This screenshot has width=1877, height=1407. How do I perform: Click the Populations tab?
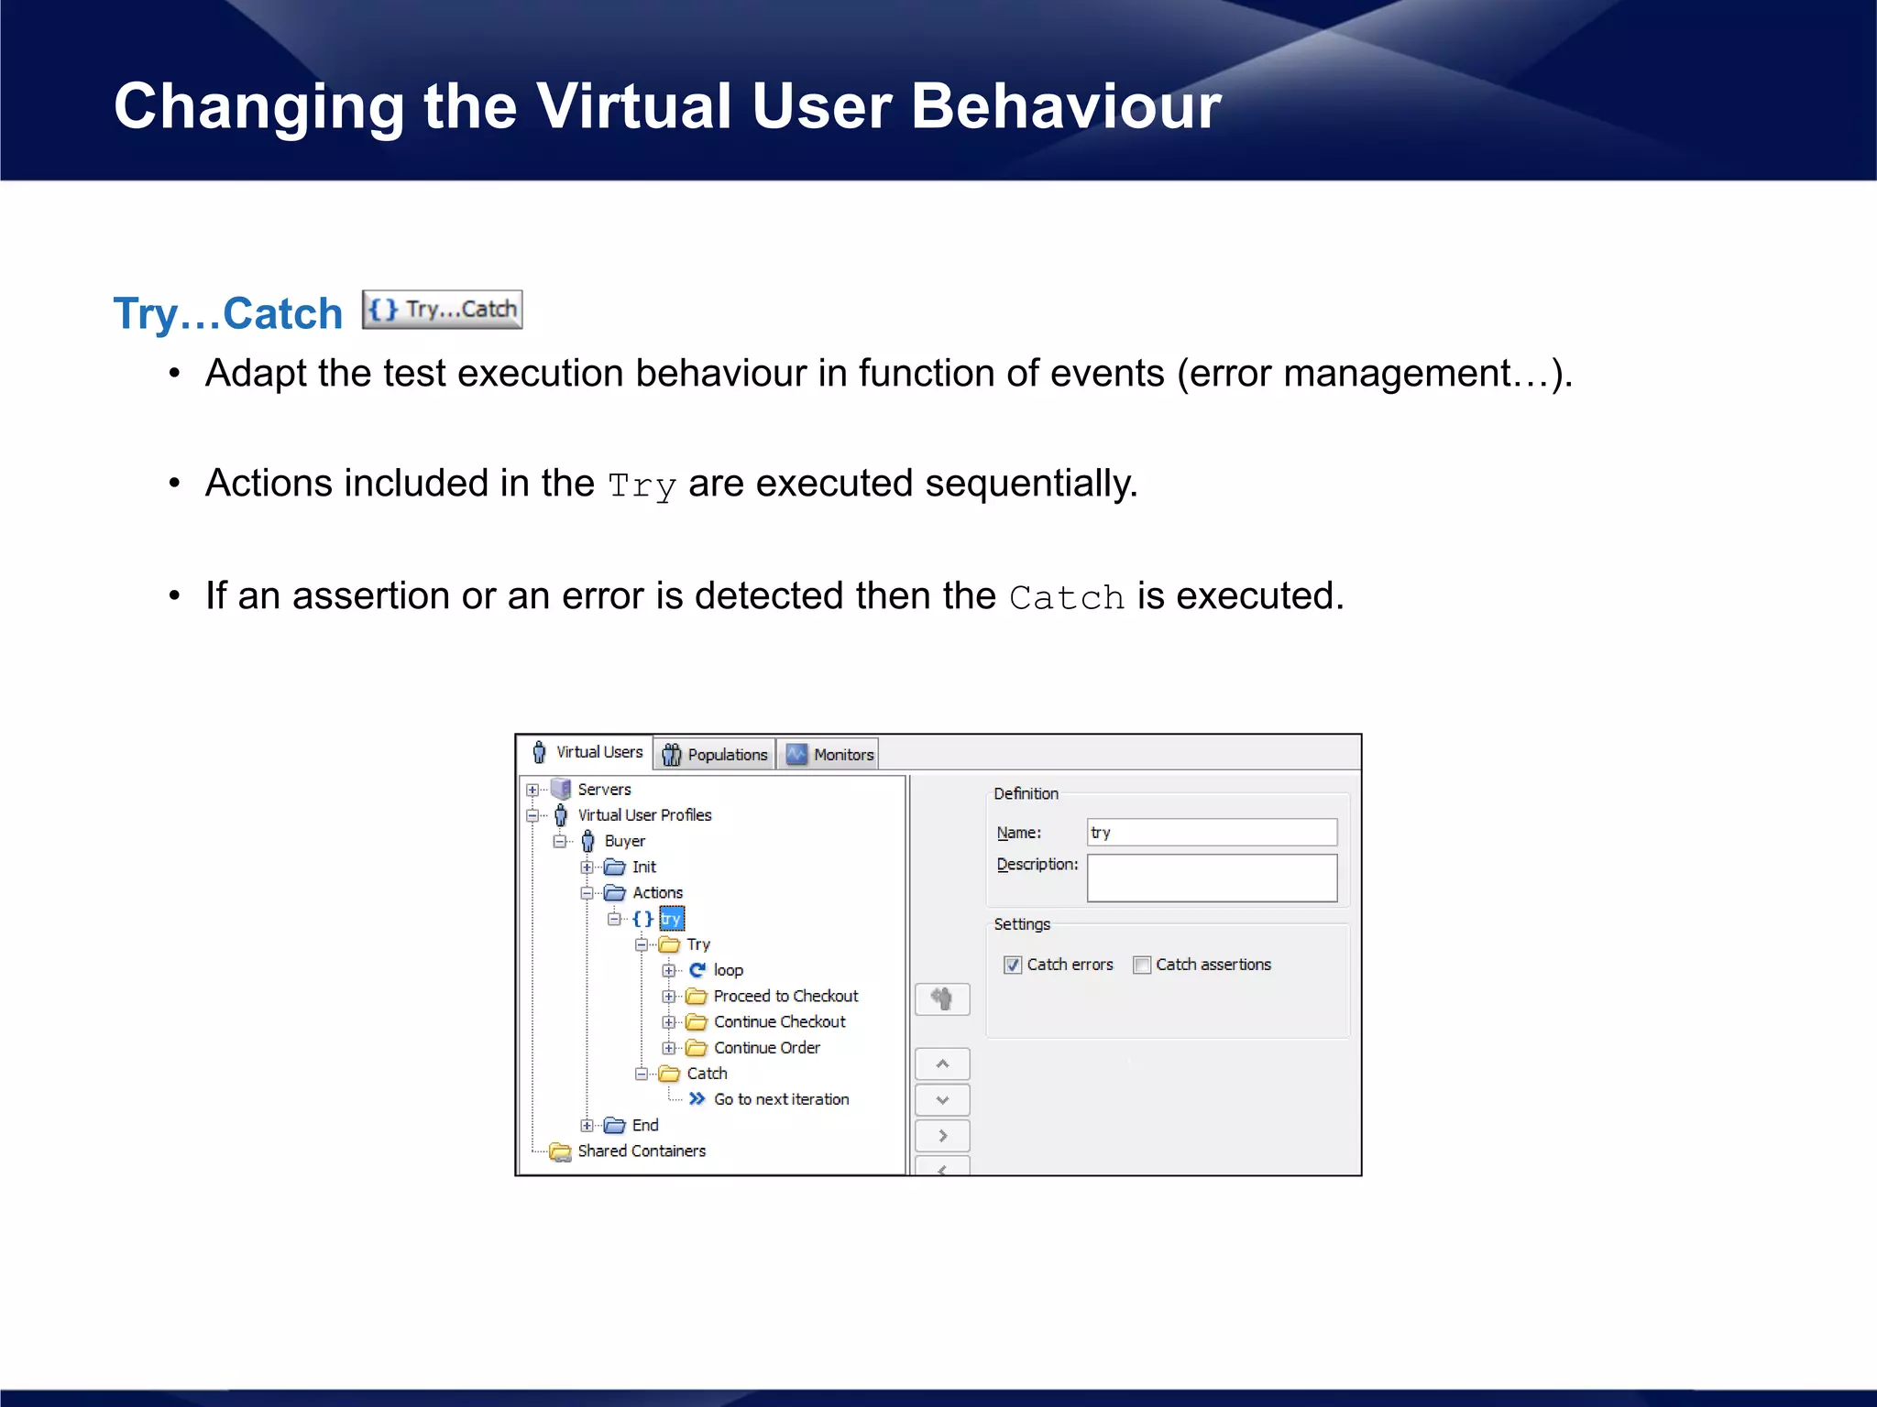(x=715, y=755)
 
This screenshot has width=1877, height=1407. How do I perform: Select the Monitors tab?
(x=831, y=755)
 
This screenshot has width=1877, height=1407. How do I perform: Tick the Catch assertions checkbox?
(x=1142, y=965)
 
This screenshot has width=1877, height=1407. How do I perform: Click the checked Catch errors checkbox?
(x=1013, y=965)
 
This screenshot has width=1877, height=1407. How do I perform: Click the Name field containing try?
(x=1212, y=833)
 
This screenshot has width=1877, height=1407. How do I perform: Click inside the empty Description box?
(x=1212, y=878)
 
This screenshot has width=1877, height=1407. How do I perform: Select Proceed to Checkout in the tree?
(x=785, y=996)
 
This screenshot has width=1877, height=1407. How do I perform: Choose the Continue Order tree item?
(x=766, y=1047)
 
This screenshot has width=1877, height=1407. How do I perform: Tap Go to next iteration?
(x=781, y=1099)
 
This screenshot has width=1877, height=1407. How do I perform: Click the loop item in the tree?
(x=728, y=970)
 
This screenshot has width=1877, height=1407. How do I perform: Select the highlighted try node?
(x=671, y=919)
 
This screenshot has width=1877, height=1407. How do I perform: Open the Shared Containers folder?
(x=641, y=1151)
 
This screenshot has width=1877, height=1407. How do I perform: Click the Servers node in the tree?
(x=603, y=790)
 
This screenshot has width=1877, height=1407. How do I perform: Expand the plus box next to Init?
(x=587, y=867)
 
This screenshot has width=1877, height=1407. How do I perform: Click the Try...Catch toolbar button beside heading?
(x=442, y=310)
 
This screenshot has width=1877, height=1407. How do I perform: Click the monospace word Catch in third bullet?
(x=1066, y=598)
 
